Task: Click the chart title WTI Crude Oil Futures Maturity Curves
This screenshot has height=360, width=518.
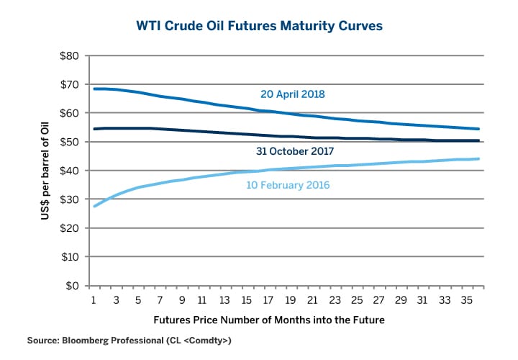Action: pos(259,26)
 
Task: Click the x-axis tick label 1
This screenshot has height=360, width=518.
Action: pos(94,299)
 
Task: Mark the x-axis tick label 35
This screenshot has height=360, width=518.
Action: pos(468,299)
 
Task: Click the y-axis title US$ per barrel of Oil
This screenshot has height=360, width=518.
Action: pos(45,171)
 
